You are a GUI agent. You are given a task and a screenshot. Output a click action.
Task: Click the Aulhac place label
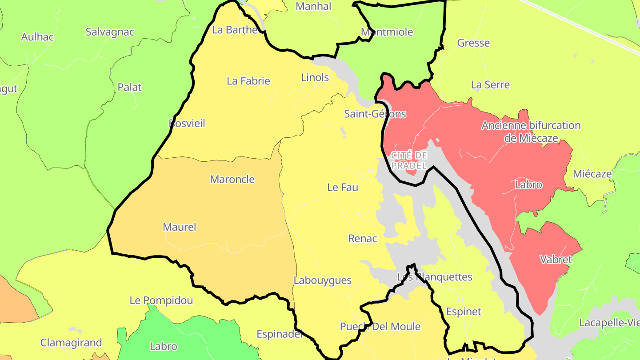pos(37,37)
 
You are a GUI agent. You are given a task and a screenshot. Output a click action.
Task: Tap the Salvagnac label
pos(110,32)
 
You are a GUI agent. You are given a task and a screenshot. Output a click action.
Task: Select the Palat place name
pos(129,87)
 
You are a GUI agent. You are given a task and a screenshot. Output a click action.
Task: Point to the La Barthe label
pos(235,30)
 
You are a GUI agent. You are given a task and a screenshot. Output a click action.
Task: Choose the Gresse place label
pos(473,43)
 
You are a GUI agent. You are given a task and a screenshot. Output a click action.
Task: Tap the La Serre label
pos(490,84)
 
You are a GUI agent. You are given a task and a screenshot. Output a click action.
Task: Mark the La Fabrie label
pos(248,81)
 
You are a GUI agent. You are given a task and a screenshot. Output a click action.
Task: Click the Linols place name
pos(315,77)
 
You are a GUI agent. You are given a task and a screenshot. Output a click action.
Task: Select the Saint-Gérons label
pos(375,114)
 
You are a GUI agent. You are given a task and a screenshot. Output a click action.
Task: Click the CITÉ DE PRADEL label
pos(409,160)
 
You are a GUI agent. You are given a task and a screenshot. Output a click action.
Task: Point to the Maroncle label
pos(232,180)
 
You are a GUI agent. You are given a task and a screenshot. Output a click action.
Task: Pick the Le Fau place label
pos(342,188)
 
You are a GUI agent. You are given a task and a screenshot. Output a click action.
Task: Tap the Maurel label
pos(179,227)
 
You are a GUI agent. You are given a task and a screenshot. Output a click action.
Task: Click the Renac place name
pos(363,239)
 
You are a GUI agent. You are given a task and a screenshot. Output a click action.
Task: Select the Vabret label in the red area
pos(556,259)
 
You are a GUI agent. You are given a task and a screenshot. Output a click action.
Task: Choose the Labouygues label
pos(322,280)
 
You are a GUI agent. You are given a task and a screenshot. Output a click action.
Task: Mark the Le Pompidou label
pos(161,300)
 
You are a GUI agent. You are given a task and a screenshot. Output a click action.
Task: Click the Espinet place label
pos(463,312)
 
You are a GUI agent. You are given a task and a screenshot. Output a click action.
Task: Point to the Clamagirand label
pos(71,343)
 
